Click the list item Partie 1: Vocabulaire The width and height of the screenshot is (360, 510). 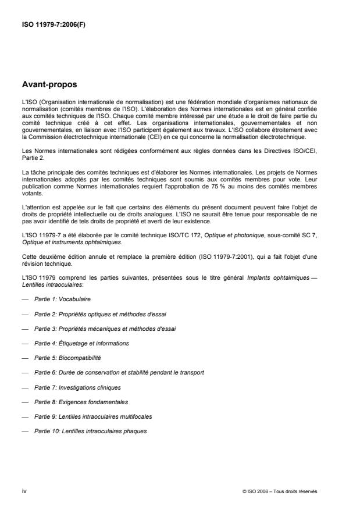point(62,299)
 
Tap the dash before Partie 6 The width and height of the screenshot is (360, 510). point(25,372)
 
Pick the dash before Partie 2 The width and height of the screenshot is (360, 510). point(25,313)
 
